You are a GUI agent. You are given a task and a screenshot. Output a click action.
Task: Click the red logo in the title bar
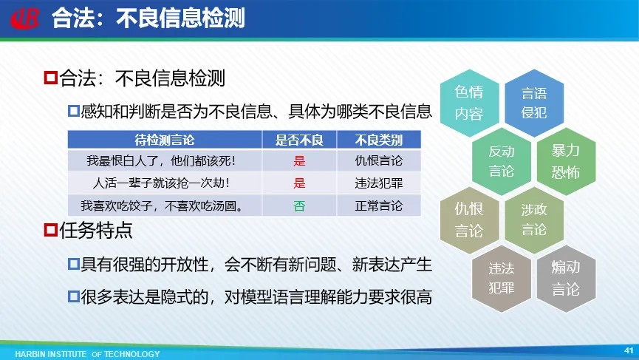point(25,18)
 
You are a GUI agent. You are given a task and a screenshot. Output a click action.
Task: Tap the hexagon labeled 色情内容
point(469,103)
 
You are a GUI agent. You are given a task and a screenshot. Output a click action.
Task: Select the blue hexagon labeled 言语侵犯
point(534,103)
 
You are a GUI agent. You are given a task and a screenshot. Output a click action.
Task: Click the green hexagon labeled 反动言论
point(502,161)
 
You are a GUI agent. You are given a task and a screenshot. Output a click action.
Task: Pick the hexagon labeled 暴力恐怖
point(566,161)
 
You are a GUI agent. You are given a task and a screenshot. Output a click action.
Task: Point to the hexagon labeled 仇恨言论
point(469,220)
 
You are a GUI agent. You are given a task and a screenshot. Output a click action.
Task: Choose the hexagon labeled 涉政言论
point(534,220)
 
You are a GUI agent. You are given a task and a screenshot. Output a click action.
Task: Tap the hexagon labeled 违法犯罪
point(502,279)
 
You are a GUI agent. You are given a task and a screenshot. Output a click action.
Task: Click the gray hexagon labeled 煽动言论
point(566,279)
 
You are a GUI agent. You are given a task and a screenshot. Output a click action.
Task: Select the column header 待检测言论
point(165,140)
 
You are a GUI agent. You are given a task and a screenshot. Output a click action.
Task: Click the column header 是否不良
point(299,140)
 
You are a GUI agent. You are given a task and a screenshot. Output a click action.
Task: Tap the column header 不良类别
point(378,140)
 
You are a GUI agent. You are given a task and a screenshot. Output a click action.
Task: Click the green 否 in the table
point(299,206)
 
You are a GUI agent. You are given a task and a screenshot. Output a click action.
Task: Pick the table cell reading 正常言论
point(378,206)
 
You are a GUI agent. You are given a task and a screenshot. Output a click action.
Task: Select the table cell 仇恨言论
point(378,160)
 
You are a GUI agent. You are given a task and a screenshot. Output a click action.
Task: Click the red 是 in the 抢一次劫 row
point(299,183)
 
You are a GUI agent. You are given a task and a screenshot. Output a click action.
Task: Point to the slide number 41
point(629,350)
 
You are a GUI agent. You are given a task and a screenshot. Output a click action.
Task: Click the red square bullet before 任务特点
point(50,230)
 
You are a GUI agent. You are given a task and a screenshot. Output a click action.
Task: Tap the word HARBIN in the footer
point(30,354)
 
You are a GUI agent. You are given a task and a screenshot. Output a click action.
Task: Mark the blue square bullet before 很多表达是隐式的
point(73,296)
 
